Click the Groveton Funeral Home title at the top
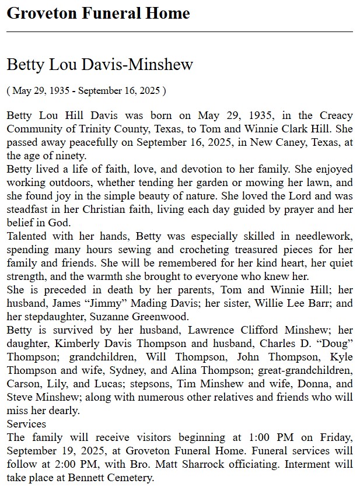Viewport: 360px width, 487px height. click(x=98, y=13)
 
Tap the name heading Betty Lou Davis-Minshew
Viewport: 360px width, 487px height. click(x=100, y=64)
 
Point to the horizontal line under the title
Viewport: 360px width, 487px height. click(x=180, y=31)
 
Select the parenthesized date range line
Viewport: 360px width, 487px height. click(x=86, y=91)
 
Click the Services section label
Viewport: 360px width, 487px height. click(x=26, y=424)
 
